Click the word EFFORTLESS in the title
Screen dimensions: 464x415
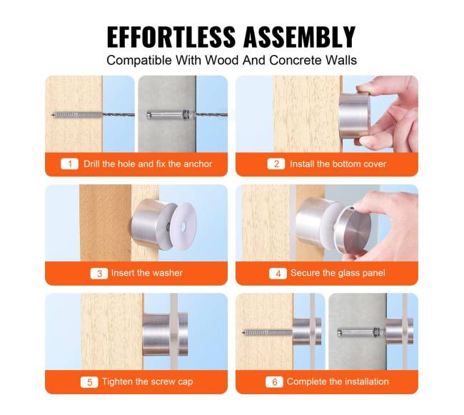[171, 36]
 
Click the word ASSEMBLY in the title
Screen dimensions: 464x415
[300, 36]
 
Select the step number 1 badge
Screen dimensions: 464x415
[69, 164]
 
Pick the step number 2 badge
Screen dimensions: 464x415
[276, 164]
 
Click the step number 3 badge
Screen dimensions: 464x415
[99, 273]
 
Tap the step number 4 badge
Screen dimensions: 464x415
[278, 273]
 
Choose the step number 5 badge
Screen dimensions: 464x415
[89, 382]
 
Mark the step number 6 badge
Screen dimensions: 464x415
[274, 382]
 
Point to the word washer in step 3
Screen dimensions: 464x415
[168, 273]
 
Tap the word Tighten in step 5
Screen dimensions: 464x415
[117, 381]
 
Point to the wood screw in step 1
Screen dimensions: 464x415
[78, 114]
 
